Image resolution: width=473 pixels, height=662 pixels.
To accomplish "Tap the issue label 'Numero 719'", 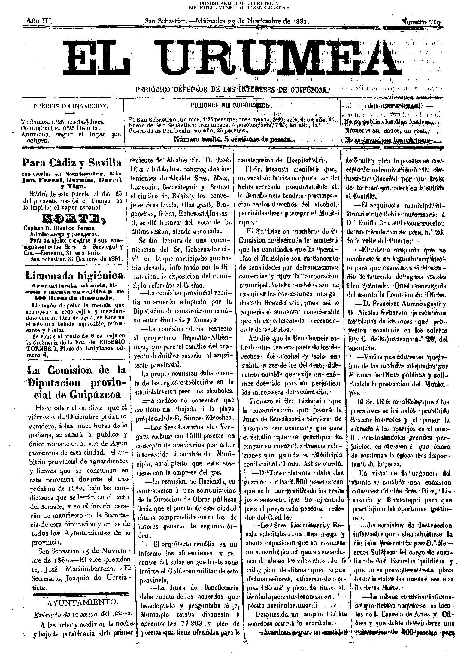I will point(422,22).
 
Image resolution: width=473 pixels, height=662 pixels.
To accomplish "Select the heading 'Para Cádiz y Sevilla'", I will point(72,163).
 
